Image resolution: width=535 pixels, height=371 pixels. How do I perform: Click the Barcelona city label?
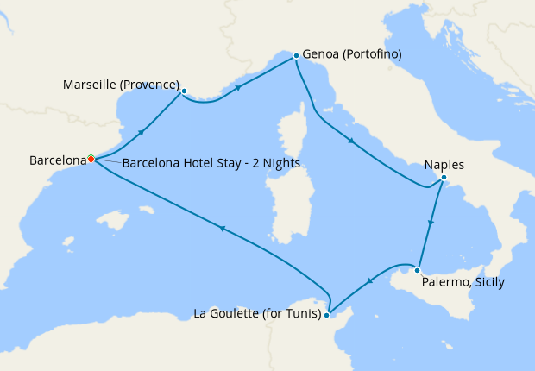[59, 160]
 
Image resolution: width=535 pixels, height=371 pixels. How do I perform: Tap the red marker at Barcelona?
[91, 159]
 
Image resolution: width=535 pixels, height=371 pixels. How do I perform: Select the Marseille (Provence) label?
[121, 85]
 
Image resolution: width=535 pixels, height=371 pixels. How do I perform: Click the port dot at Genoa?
[296, 56]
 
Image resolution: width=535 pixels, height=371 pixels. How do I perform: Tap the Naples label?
[445, 165]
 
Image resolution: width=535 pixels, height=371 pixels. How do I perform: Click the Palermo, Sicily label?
[463, 282]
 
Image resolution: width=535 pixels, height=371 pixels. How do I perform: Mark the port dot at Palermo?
[418, 268]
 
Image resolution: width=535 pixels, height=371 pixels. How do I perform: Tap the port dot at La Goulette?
[326, 316]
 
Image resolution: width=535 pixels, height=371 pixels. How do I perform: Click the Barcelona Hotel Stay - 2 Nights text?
[205, 163]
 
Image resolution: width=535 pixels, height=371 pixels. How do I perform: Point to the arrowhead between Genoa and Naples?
[351, 141]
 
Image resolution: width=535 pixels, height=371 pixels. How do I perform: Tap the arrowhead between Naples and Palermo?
[431, 224]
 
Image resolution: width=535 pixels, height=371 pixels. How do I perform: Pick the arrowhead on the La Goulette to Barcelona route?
[222, 228]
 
